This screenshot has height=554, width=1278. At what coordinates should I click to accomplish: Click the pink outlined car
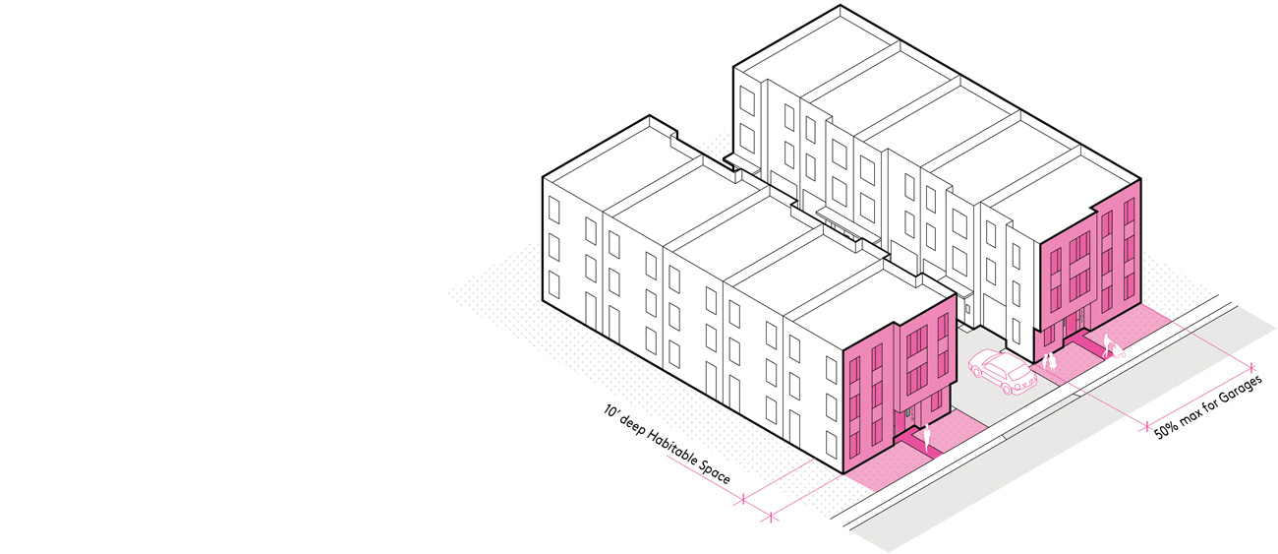click(1002, 372)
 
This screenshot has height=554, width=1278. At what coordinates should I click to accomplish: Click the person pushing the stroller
click(1107, 344)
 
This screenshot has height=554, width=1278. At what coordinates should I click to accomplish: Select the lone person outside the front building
click(926, 438)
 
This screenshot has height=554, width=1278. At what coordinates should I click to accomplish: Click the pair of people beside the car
click(1049, 361)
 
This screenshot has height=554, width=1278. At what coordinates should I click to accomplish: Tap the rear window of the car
click(1021, 375)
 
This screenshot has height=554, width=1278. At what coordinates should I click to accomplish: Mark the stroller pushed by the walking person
click(1117, 350)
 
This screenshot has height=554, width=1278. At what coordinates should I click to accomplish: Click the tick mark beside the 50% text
click(1147, 426)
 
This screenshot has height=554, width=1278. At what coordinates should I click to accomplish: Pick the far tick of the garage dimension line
click(1251, 367)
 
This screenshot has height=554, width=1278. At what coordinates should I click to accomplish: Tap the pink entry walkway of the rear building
click(1084, 342)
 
